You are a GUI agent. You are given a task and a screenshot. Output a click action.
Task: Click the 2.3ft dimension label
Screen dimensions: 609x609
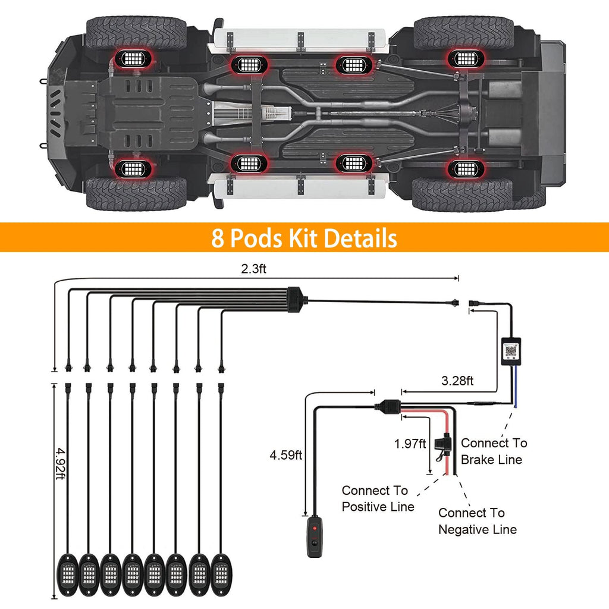[x=253, y=269]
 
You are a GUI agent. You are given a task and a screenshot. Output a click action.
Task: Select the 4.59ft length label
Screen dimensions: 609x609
[x=286, y=456]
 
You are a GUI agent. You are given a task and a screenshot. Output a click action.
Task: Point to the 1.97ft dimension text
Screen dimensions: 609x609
[x=410, y=443]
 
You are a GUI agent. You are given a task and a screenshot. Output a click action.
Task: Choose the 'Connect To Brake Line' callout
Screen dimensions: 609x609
[x=493, y=451]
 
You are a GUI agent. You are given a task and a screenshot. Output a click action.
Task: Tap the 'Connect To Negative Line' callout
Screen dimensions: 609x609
[x=477, y=521]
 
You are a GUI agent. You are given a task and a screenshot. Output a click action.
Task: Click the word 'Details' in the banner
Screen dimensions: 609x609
[x=360, y=238]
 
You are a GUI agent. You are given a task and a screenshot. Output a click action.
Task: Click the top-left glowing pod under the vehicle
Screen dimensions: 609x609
[x=131, y=58]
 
